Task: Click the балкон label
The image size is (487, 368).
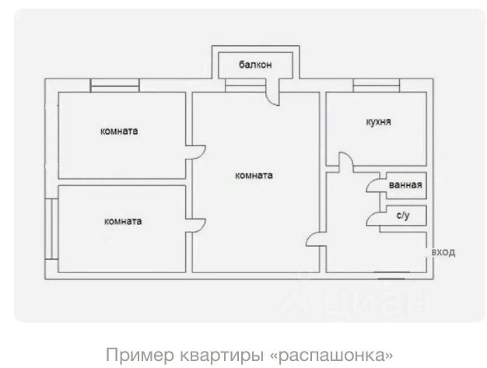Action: tap(255, 65)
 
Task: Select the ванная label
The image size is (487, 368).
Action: tap(405, 185)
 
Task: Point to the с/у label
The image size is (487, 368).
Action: tap(403, 216)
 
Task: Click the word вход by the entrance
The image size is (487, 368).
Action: tap(443, 253)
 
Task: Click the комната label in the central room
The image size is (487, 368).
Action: tap(254, 175)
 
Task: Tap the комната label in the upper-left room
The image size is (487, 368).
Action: tap(119, 131)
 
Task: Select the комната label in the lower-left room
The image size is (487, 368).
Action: tap(123, 221)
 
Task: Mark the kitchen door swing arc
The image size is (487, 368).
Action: tap(344, 162)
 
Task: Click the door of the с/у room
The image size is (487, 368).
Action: tap(374, 217)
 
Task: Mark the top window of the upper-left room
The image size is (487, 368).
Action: tap(114, 83)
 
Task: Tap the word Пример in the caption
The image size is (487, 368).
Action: tap(134, 355)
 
